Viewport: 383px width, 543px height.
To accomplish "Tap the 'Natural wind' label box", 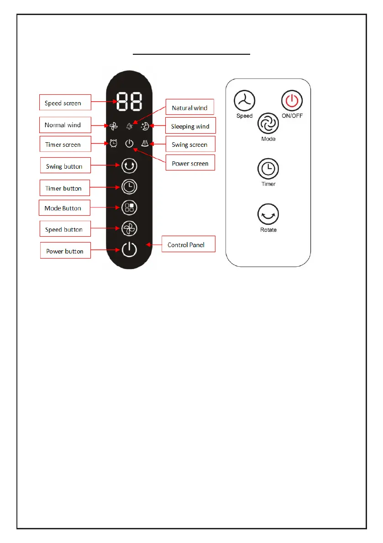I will click(189, 108).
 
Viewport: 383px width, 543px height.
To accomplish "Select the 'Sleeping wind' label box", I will click(190, 126).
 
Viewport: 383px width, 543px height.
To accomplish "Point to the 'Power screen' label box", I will click(190, 163).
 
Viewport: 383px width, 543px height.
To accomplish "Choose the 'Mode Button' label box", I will click(64, 208).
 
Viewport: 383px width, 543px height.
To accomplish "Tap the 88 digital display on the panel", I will click(129, 102).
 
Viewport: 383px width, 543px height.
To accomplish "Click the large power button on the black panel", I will click(129, 249).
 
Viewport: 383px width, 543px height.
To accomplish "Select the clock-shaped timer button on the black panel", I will click(129, 186).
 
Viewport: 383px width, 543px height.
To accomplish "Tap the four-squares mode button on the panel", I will click(129, 208).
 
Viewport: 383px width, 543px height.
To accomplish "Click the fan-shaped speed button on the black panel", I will click(129, 229).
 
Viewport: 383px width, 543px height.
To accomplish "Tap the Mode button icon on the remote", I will click(268, 124).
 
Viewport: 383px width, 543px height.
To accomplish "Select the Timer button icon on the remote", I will click(268, 169).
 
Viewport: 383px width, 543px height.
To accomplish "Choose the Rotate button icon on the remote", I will click(268, 214).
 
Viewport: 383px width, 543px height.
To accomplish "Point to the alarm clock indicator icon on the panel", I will click(114, 143).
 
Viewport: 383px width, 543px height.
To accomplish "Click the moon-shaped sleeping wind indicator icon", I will click(145, 126).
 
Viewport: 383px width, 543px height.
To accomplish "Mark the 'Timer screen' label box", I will click(64, 145).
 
